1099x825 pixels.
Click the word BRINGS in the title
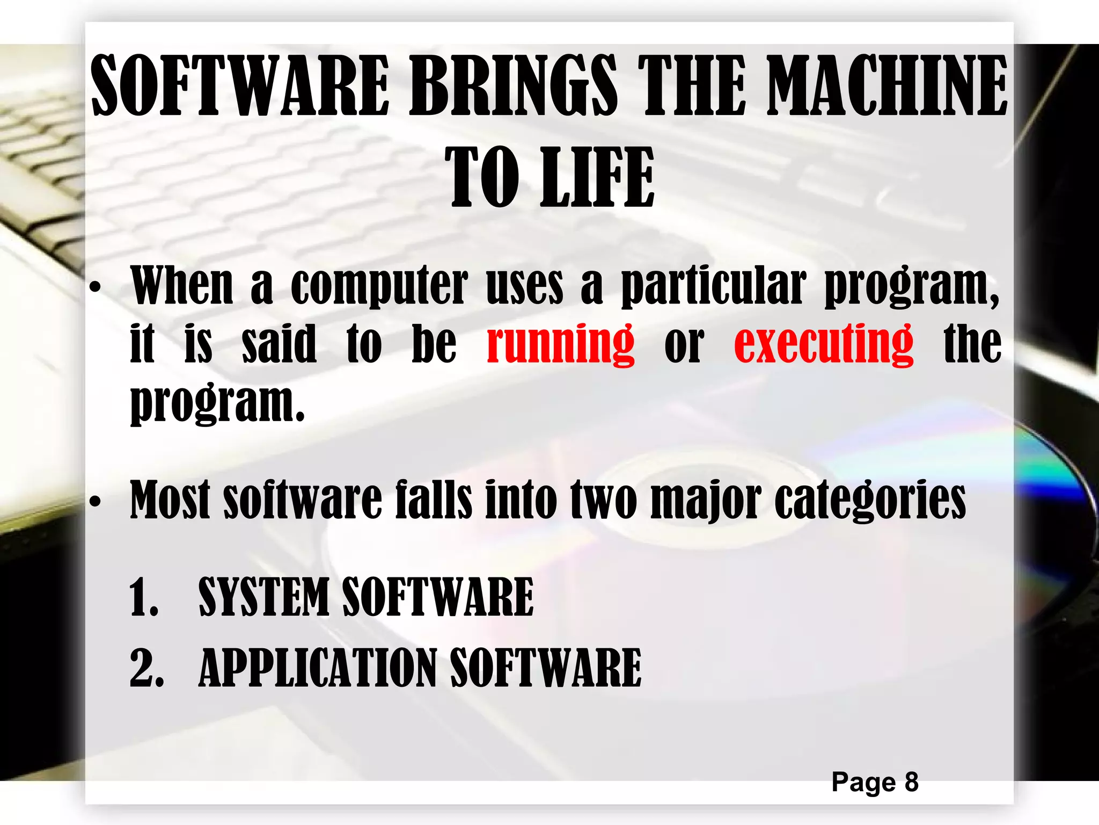[513, 86]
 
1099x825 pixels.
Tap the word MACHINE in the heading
[887, 86]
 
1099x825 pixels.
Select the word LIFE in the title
[597, 177]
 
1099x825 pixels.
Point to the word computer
[379, 286]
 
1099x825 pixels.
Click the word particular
[714, 286]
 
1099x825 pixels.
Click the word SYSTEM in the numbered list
[263, 597]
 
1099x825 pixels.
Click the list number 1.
[143, 598]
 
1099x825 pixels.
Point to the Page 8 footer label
[875, 782]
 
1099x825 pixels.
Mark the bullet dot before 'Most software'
[95, 502]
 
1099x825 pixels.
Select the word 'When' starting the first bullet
[182, 286]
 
